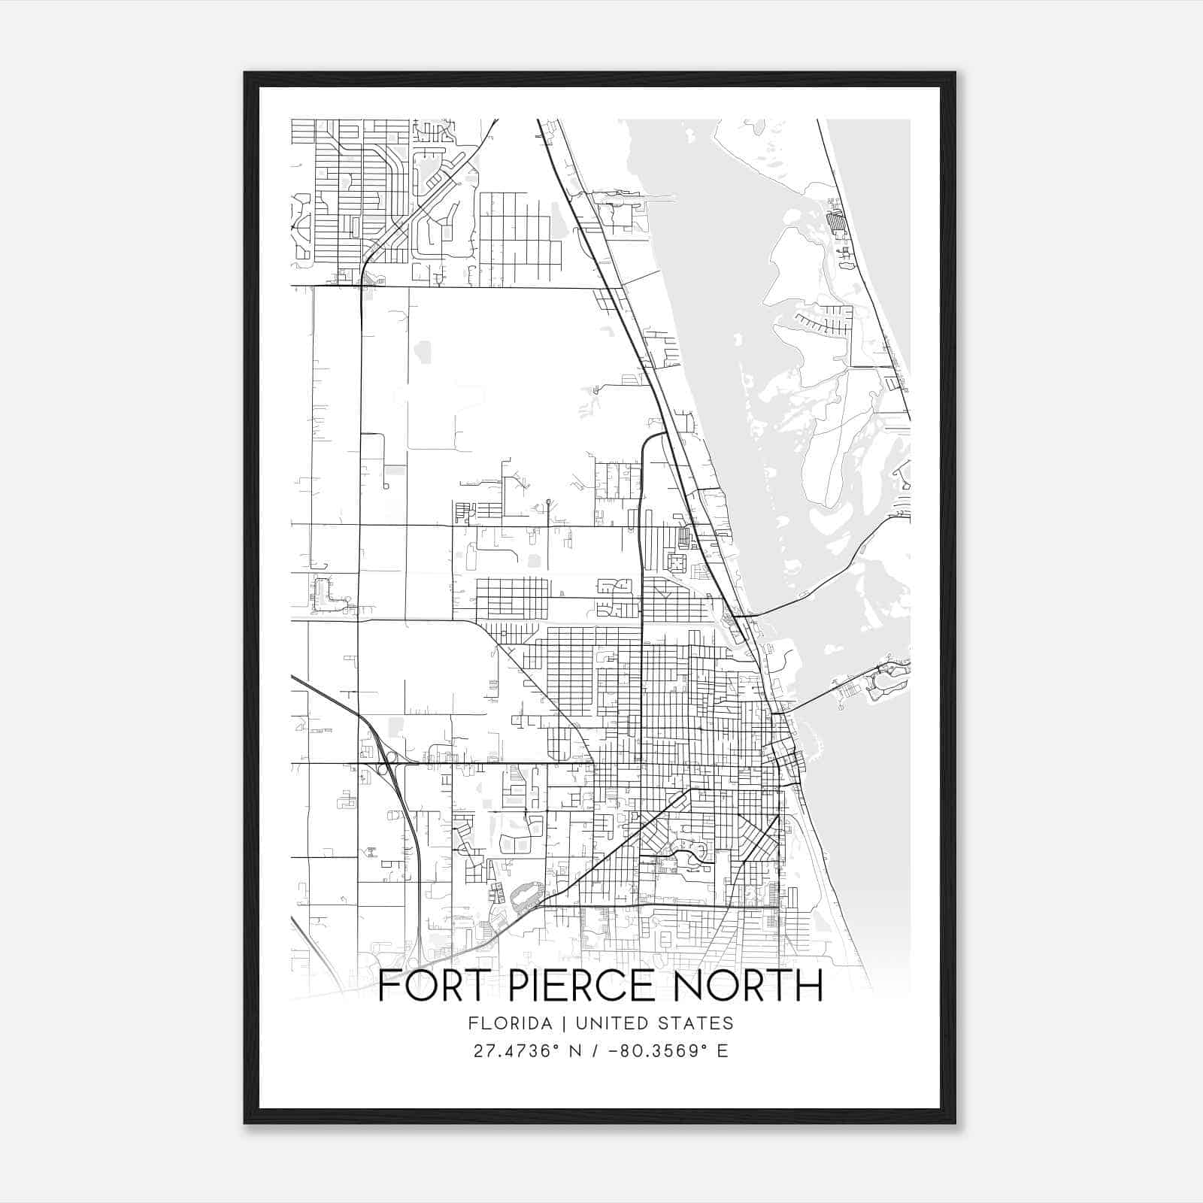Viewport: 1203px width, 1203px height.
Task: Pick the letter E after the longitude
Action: click(x=723, y=1051)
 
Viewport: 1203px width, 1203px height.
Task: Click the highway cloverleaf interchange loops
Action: click(x=384, y=765)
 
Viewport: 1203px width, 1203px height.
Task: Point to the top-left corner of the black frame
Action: click(x=245, y=73)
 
